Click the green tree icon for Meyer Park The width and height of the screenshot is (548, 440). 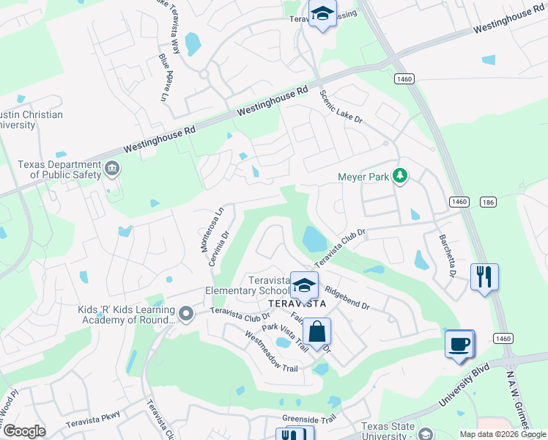coord(400,176)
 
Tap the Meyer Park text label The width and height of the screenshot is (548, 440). coord(363,177)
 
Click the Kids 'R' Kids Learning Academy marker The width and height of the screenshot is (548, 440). coord(186,315)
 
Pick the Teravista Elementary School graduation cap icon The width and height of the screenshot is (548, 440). coord(304,285)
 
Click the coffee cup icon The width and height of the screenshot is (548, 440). coord(459,343)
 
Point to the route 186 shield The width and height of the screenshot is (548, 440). coord(489,202)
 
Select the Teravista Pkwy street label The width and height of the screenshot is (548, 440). coord(92,421)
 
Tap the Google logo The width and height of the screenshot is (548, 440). coord(23,431)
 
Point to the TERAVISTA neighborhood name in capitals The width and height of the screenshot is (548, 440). coord(296,304)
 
